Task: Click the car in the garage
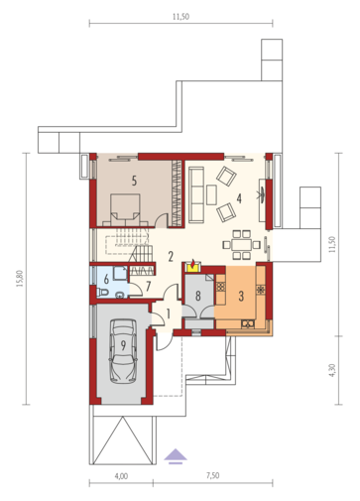point(123,351)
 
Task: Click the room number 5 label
point(134,181)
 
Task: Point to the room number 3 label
point(241,296)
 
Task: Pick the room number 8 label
point(197,296)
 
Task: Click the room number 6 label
point(106,279)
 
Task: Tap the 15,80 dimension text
point(20,279)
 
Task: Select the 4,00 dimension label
point(121,476)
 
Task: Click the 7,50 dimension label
point(212,475)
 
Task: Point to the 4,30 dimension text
point(332,370)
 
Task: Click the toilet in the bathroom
point(102,293)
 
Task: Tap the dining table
point(242,245)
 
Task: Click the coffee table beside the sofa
point(211,194)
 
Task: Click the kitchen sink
point(248,324)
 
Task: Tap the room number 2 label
point(171,256)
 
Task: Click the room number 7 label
point(148,286)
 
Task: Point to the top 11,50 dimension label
point(181,17)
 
